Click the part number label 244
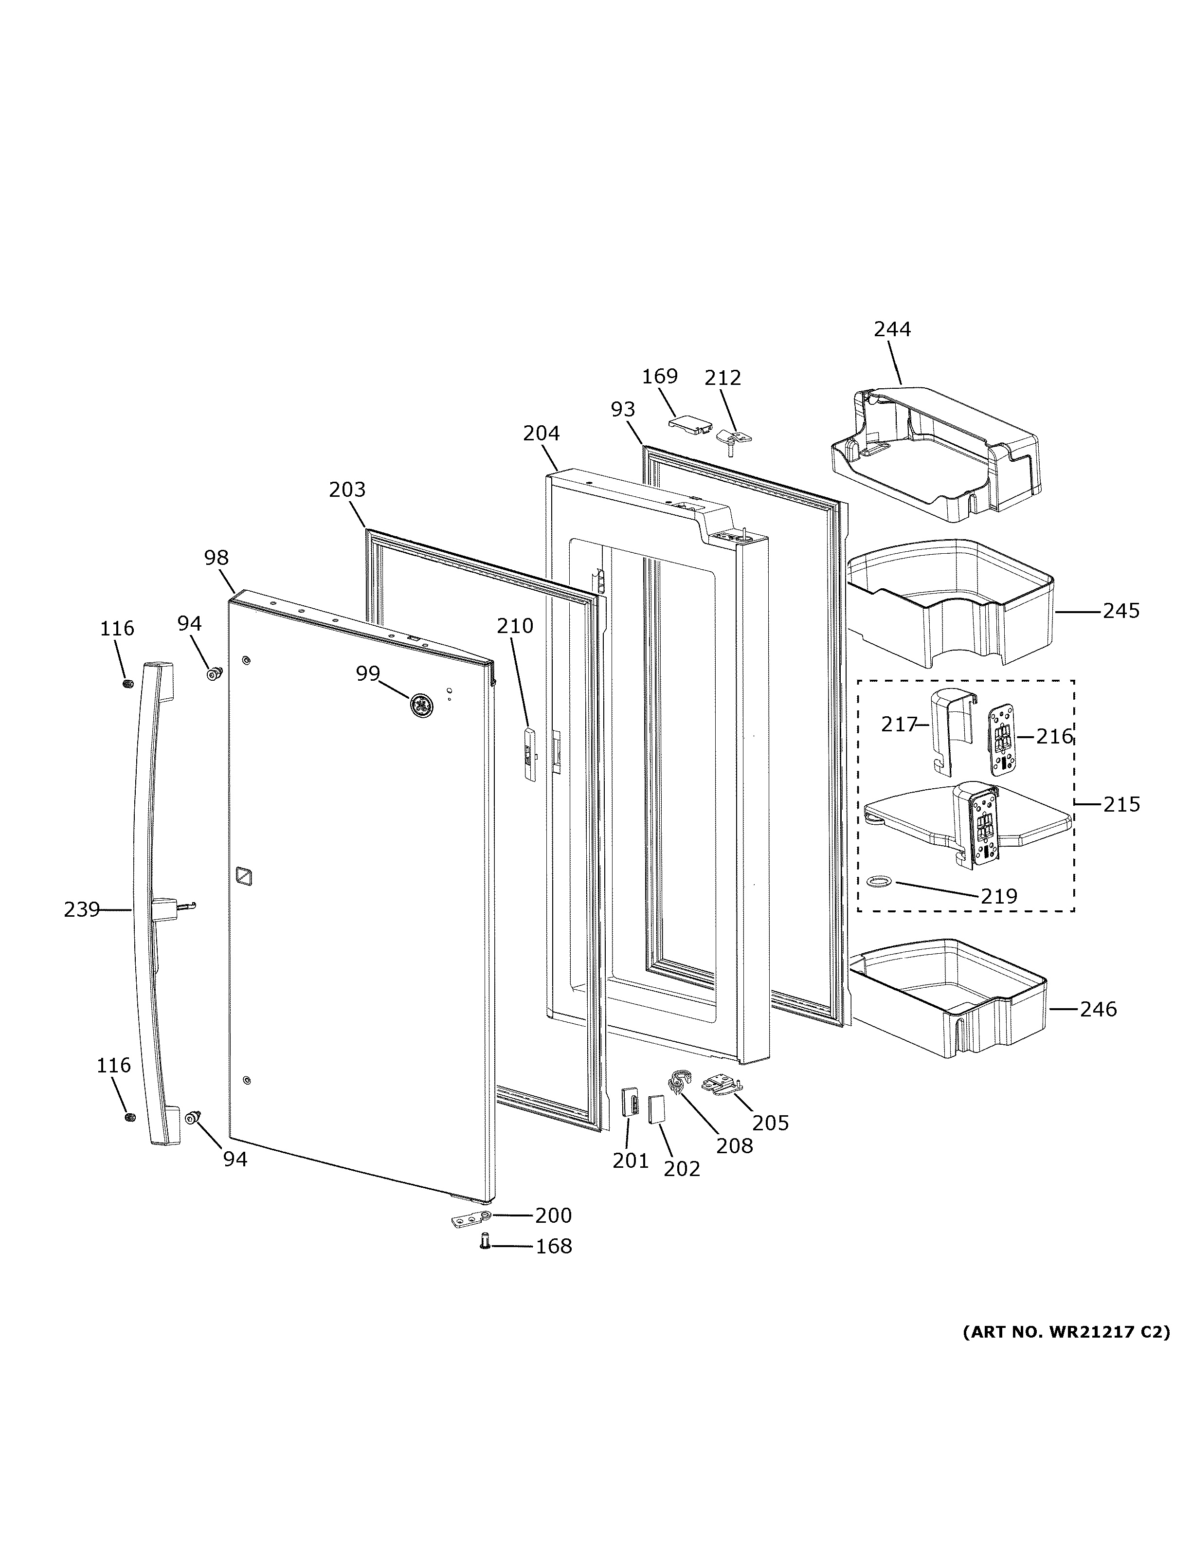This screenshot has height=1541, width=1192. (x=892, y=329)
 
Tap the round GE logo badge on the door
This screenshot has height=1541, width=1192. (x=421, y=705)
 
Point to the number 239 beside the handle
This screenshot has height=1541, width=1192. (x=82, y=910)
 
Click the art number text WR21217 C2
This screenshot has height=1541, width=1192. (x=1066, y=1332)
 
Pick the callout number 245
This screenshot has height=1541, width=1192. (x=1121, y=611)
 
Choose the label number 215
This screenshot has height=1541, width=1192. (x=1121, y=804)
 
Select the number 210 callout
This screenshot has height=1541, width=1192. (x=515, y=626)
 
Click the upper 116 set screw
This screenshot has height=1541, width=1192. (x=127, y=684)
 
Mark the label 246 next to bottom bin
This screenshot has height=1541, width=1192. (x=1098, y=1010)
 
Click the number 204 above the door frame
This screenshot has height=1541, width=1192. (x=541, y=433)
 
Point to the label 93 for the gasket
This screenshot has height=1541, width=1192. (x=623, y=409)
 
